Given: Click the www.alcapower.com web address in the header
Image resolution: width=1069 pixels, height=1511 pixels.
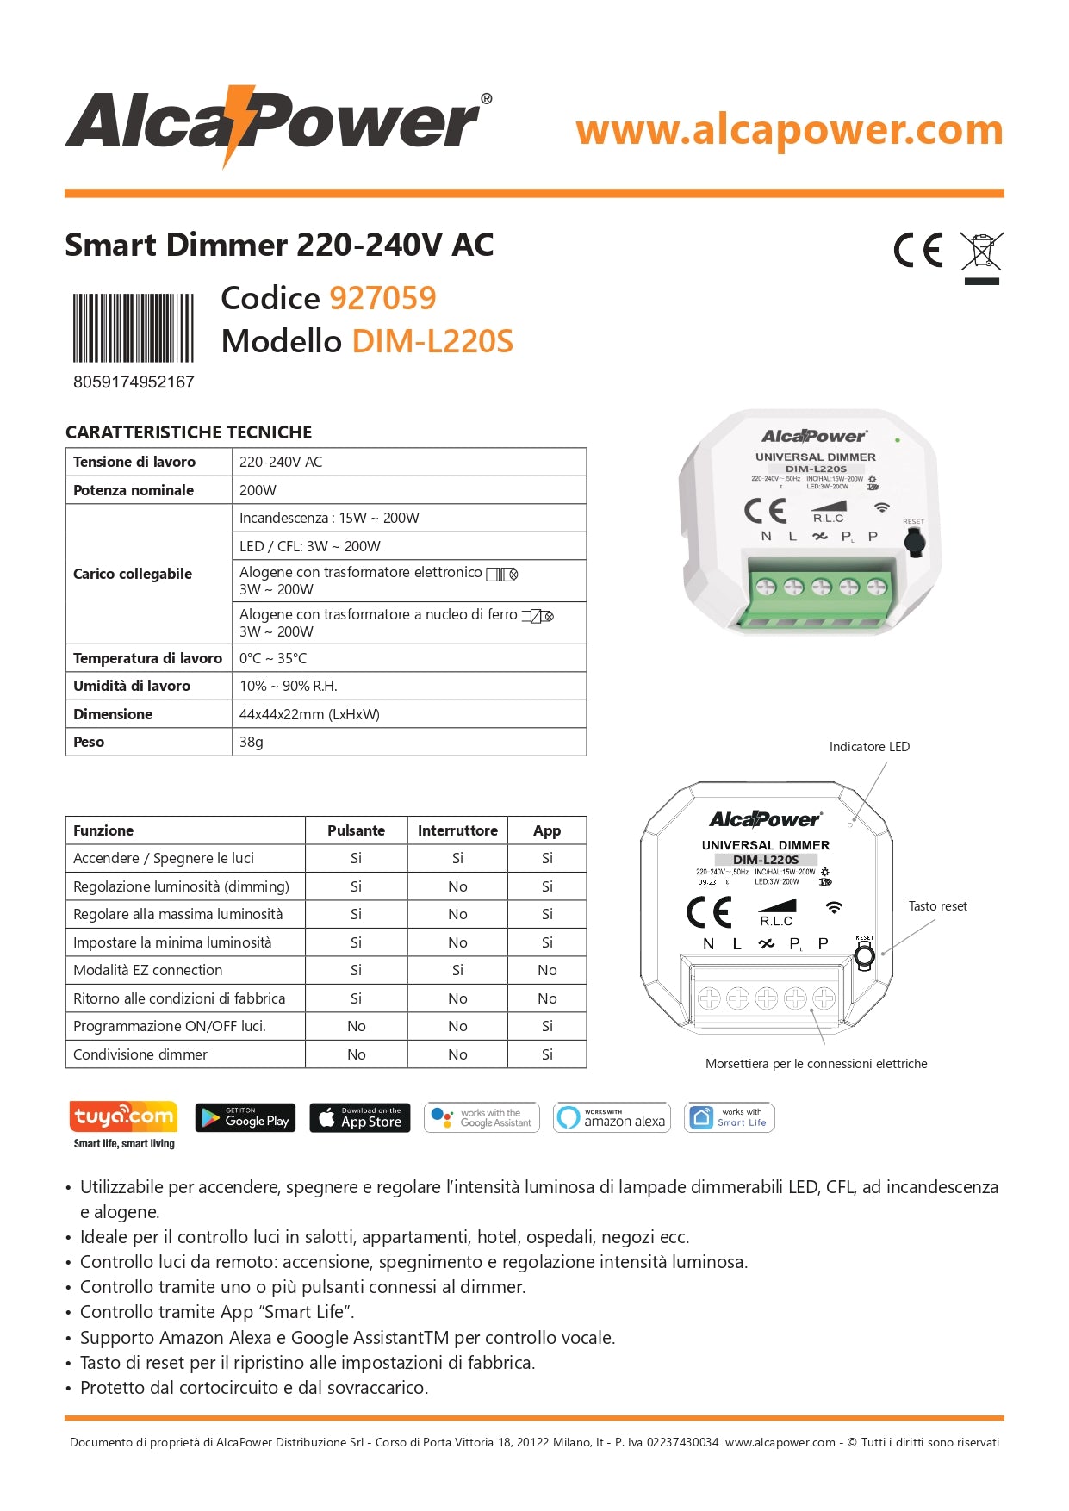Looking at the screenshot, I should click(789, 130).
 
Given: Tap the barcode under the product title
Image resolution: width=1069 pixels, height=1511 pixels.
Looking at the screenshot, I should click(133, 328).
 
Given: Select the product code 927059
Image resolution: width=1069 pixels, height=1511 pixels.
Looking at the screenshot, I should click(382, 298).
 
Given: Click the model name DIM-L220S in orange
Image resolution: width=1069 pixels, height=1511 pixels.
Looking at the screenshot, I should click(432, 341).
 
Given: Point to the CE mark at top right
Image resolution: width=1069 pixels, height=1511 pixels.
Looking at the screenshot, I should click(918, 250).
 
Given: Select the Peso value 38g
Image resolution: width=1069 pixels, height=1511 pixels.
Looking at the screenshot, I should click(252, 742).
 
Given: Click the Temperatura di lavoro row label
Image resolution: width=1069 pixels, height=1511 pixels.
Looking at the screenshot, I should click(148, 658).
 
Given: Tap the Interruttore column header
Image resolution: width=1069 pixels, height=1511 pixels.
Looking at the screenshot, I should click(457, 830).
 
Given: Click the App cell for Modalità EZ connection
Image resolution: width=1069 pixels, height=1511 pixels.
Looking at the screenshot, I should click(547, 970).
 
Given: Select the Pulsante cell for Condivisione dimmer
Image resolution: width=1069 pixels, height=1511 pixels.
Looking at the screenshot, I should click(356, 1054).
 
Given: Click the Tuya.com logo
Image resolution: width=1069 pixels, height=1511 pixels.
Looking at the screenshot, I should click(123, 1117).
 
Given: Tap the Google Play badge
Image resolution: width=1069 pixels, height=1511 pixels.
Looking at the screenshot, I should click(245, 1117).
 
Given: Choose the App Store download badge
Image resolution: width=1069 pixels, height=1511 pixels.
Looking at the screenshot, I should click(359, 1117).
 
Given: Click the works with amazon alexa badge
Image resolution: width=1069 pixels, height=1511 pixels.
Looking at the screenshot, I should click(612, 1117).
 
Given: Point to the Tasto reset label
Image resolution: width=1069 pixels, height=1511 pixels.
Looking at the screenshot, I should click(937, 906).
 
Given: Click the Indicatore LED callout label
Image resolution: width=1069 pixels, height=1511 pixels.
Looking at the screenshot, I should click(869, 747).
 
